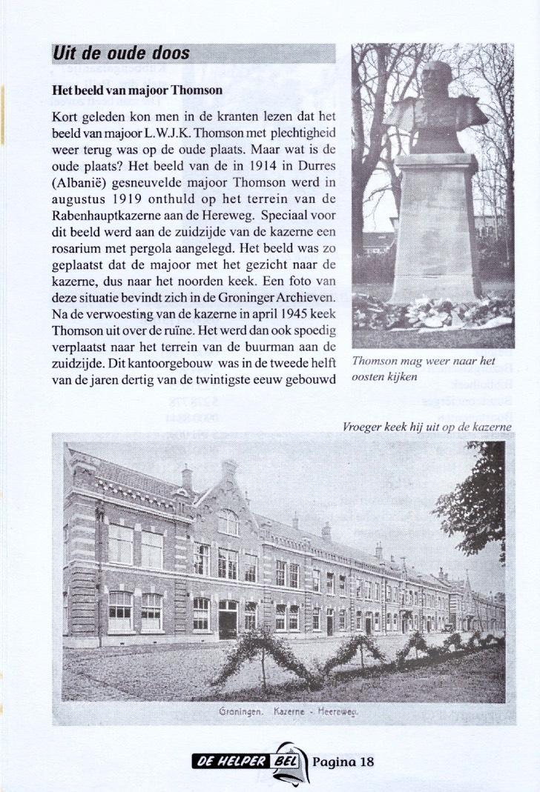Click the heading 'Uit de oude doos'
click(121, 54)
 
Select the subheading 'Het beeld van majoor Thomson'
click(137, 90)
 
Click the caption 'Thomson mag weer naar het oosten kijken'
click(423, 368)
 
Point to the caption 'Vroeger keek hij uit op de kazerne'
click(427, 427)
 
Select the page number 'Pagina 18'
click(343, 762)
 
